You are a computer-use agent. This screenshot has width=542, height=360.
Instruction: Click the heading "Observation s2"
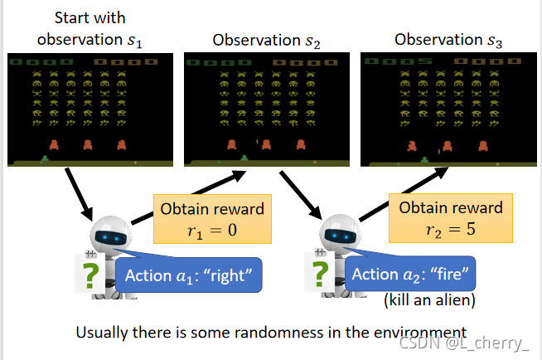coord(260,40)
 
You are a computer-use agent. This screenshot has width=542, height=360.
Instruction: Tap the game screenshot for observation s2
coord(264,108)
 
